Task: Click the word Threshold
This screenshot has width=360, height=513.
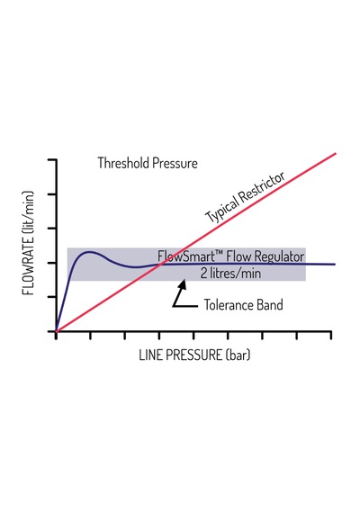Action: (123, 163)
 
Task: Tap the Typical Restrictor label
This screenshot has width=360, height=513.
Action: (245, 197)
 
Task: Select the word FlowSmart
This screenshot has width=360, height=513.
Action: (186, 256)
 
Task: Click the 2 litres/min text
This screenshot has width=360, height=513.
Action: (230, 274)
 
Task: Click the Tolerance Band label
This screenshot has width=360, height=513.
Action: (244, 304)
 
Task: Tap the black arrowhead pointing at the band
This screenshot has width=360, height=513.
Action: (182, 284)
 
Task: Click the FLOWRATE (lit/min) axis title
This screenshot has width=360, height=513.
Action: (29, 242)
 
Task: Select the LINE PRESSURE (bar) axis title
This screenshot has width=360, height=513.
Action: (194, 355)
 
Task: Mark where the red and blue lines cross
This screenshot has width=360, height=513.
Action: (160, 264)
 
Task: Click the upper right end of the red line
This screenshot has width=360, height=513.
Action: (336, 153)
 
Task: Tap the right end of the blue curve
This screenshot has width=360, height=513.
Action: (335, 264)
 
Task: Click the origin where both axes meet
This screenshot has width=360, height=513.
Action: (56, 331)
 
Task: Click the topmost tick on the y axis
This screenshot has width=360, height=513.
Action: (52, 159)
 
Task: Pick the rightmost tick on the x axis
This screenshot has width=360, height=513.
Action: (331, 336)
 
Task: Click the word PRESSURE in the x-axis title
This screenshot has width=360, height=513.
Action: (194, 355)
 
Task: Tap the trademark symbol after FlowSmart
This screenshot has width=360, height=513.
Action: (220, 253)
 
